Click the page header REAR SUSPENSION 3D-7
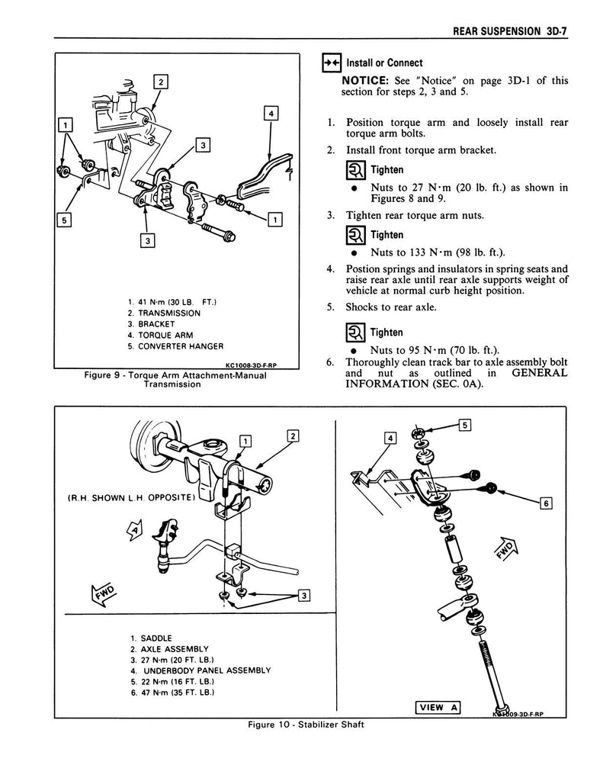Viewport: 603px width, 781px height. pyautogui.click(x=513, y=31)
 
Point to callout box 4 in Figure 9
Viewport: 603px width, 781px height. pyautogui.click(x=270, y=115)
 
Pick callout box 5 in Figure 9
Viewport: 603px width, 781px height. pyautogui.click(x=66, y=220)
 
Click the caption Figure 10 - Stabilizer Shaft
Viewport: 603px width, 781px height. pyautogui.click(x=301, y=725)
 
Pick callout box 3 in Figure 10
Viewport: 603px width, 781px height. pyautogui.click(x=303, y=596)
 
